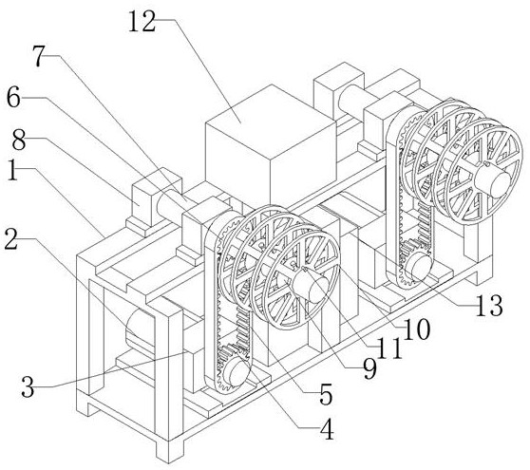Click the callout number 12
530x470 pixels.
click(142, 22)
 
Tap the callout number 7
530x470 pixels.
click(39, 56)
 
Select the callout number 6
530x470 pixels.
click(14, 97)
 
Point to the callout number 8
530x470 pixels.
click(19, 140)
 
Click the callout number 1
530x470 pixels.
click(13, 170)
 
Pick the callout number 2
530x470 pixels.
click(11, 239)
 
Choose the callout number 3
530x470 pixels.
click(28, 386)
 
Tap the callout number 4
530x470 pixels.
click(327, 429)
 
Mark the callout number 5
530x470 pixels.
click(326, 394)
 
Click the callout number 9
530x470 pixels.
click(369, 369)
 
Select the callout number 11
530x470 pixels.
click(390, 348)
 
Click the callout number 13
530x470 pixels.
click(489, 306)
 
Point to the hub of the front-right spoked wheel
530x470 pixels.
click(493, 180)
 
